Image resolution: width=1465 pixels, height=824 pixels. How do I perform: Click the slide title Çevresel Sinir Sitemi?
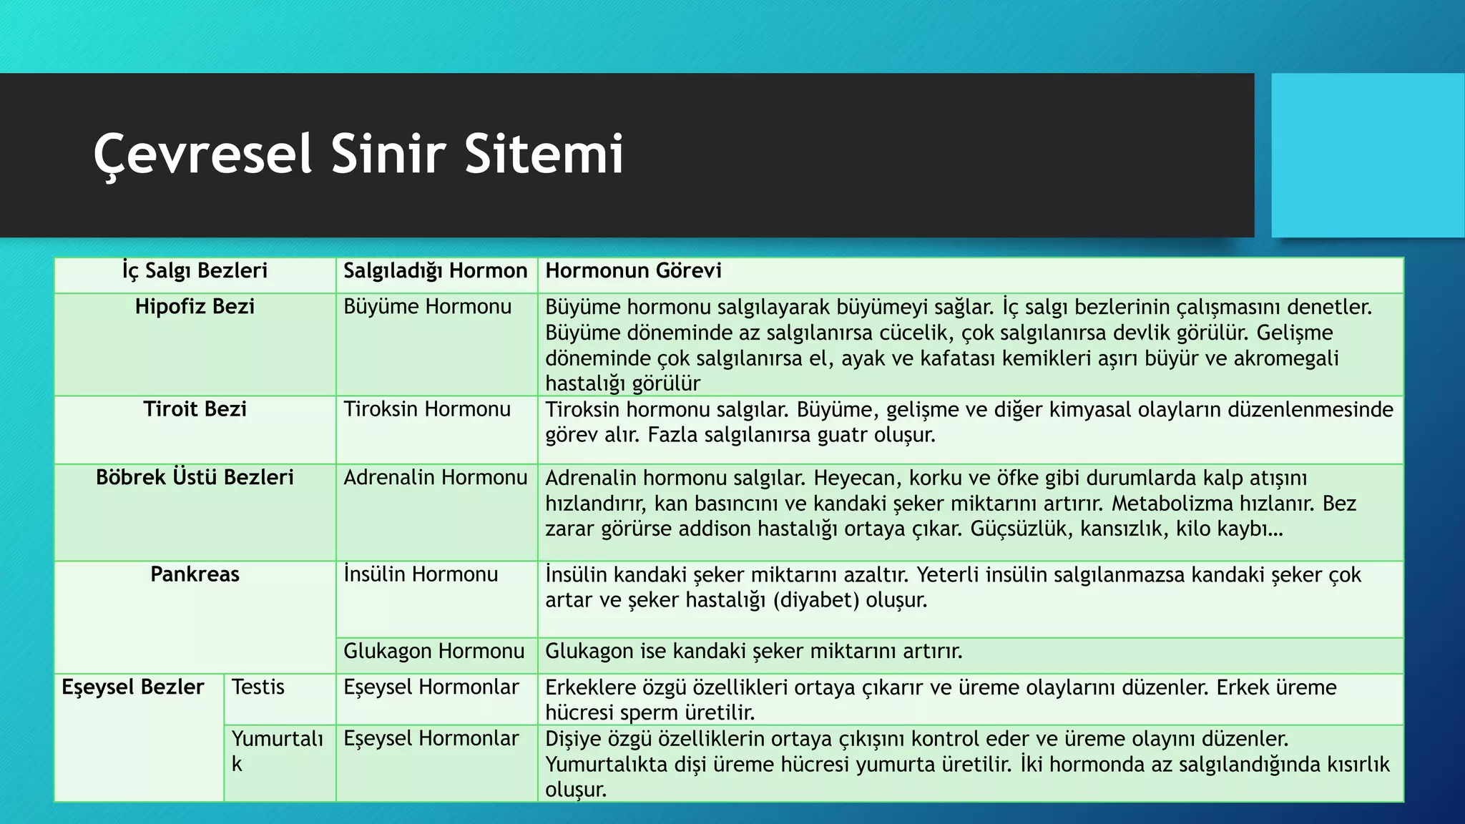[x=358, y=154]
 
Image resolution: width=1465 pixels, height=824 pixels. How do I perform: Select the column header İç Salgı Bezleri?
[x=195, y=271]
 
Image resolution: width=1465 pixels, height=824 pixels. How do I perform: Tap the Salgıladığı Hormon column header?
[x=435, y=271]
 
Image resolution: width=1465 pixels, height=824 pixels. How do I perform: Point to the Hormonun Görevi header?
[x=633, y=271]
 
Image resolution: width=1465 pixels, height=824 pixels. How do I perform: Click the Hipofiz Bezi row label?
[x=195, y=307]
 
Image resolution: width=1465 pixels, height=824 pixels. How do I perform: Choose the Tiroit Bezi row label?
[x=195, y=409]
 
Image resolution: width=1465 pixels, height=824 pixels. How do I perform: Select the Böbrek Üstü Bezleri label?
[x=195, y=478]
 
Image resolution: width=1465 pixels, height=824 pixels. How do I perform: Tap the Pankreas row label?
[x=195, y=574]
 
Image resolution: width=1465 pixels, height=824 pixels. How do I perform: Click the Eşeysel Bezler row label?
[x=133, y=687]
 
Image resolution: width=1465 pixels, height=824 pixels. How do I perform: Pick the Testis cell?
[x=258, y=687]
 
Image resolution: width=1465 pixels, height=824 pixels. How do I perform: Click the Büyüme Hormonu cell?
[x=427, y=307]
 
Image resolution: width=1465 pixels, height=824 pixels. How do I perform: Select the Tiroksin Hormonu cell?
[x=427, y=409]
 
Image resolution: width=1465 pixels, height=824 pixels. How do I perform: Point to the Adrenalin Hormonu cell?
[x=435, y=478]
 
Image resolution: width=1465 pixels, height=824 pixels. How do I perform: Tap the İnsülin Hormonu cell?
[x=421, y=574]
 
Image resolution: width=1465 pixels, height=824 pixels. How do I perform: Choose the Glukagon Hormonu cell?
[x=434, y=652]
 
